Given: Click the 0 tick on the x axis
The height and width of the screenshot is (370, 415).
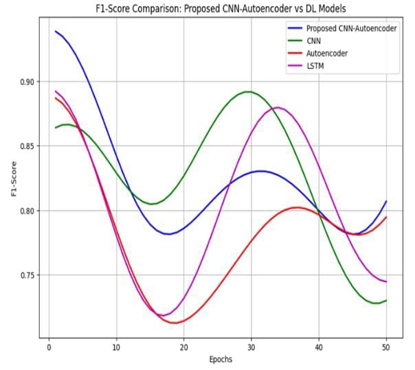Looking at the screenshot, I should (49, 348).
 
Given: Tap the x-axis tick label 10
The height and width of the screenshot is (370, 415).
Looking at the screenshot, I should (116, 348).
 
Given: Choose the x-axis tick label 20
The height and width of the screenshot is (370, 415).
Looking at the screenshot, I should (183, 348).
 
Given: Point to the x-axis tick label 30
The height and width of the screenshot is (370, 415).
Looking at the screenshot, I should (251, 348).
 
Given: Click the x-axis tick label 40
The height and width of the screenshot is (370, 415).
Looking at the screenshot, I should (318, 348).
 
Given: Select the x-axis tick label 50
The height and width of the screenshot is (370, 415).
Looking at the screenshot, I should (385, 348).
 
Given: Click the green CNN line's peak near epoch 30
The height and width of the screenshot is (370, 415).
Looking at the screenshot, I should (248, 91).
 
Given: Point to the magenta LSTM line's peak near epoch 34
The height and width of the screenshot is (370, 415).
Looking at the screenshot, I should (278, 107).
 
